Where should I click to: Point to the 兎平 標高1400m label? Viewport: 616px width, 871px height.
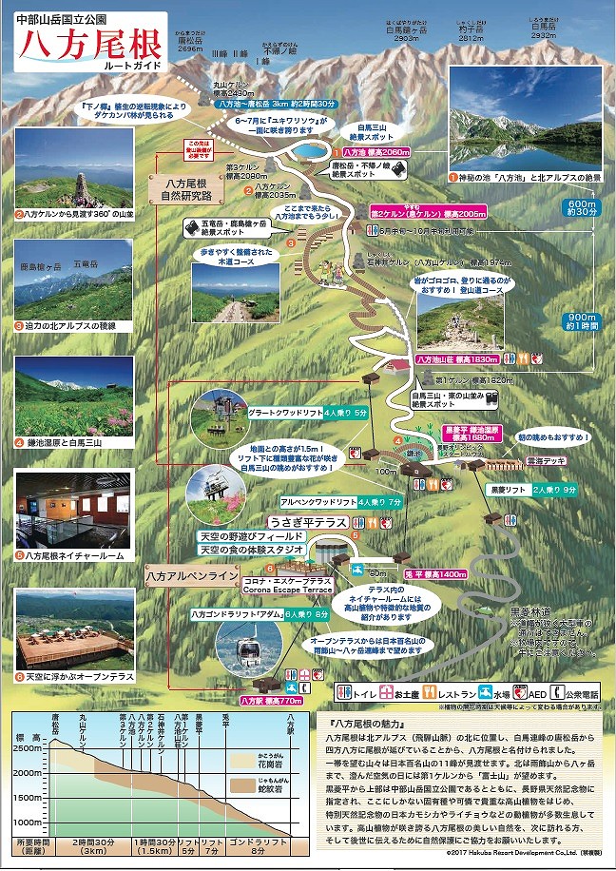435,575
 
